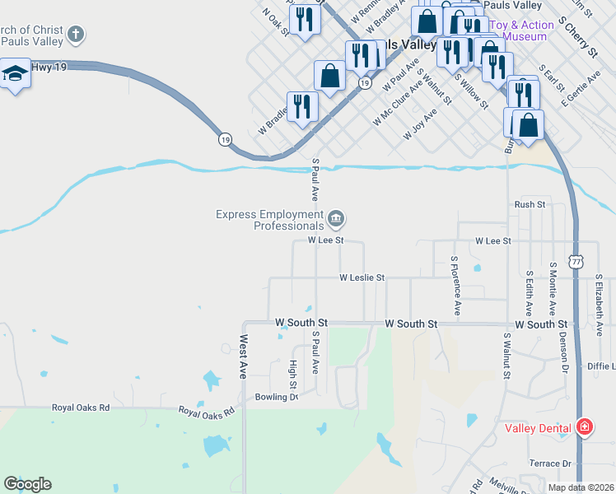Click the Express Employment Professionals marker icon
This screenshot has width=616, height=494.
[336, 219]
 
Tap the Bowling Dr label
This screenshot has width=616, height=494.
[276, 397]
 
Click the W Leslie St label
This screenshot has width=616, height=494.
[362, 278]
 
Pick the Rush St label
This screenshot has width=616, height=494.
[530, 204]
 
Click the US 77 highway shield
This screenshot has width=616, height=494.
[576, 262]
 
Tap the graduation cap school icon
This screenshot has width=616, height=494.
[15, 74]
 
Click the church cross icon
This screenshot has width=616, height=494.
[76, 35]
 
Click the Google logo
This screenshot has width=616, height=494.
[27, 484]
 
